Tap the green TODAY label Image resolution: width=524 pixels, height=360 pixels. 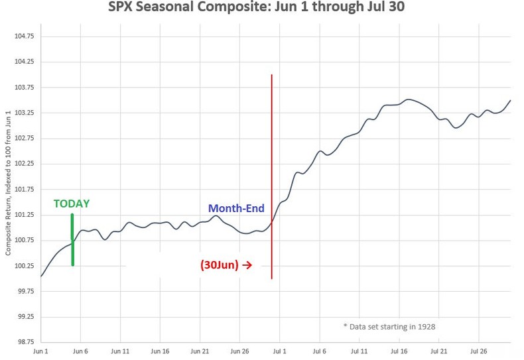point(72,204)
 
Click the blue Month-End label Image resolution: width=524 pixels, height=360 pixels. point(236,208)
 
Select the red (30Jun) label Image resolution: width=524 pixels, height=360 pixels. point(220,265)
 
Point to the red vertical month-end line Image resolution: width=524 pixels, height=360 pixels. point(272,166)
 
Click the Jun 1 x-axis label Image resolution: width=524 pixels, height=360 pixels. point(41,351)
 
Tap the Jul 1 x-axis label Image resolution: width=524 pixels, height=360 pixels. point(279,351)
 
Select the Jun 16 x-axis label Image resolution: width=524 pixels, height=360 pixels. point(160,351)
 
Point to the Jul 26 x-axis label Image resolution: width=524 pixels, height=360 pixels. point(478,351)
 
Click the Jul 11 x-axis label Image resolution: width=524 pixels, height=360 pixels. point(359,351)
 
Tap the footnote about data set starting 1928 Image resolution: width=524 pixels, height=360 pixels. point(389,326)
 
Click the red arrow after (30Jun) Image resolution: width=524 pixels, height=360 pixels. point(247,265)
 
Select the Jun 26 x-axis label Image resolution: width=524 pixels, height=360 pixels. point(239,351)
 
